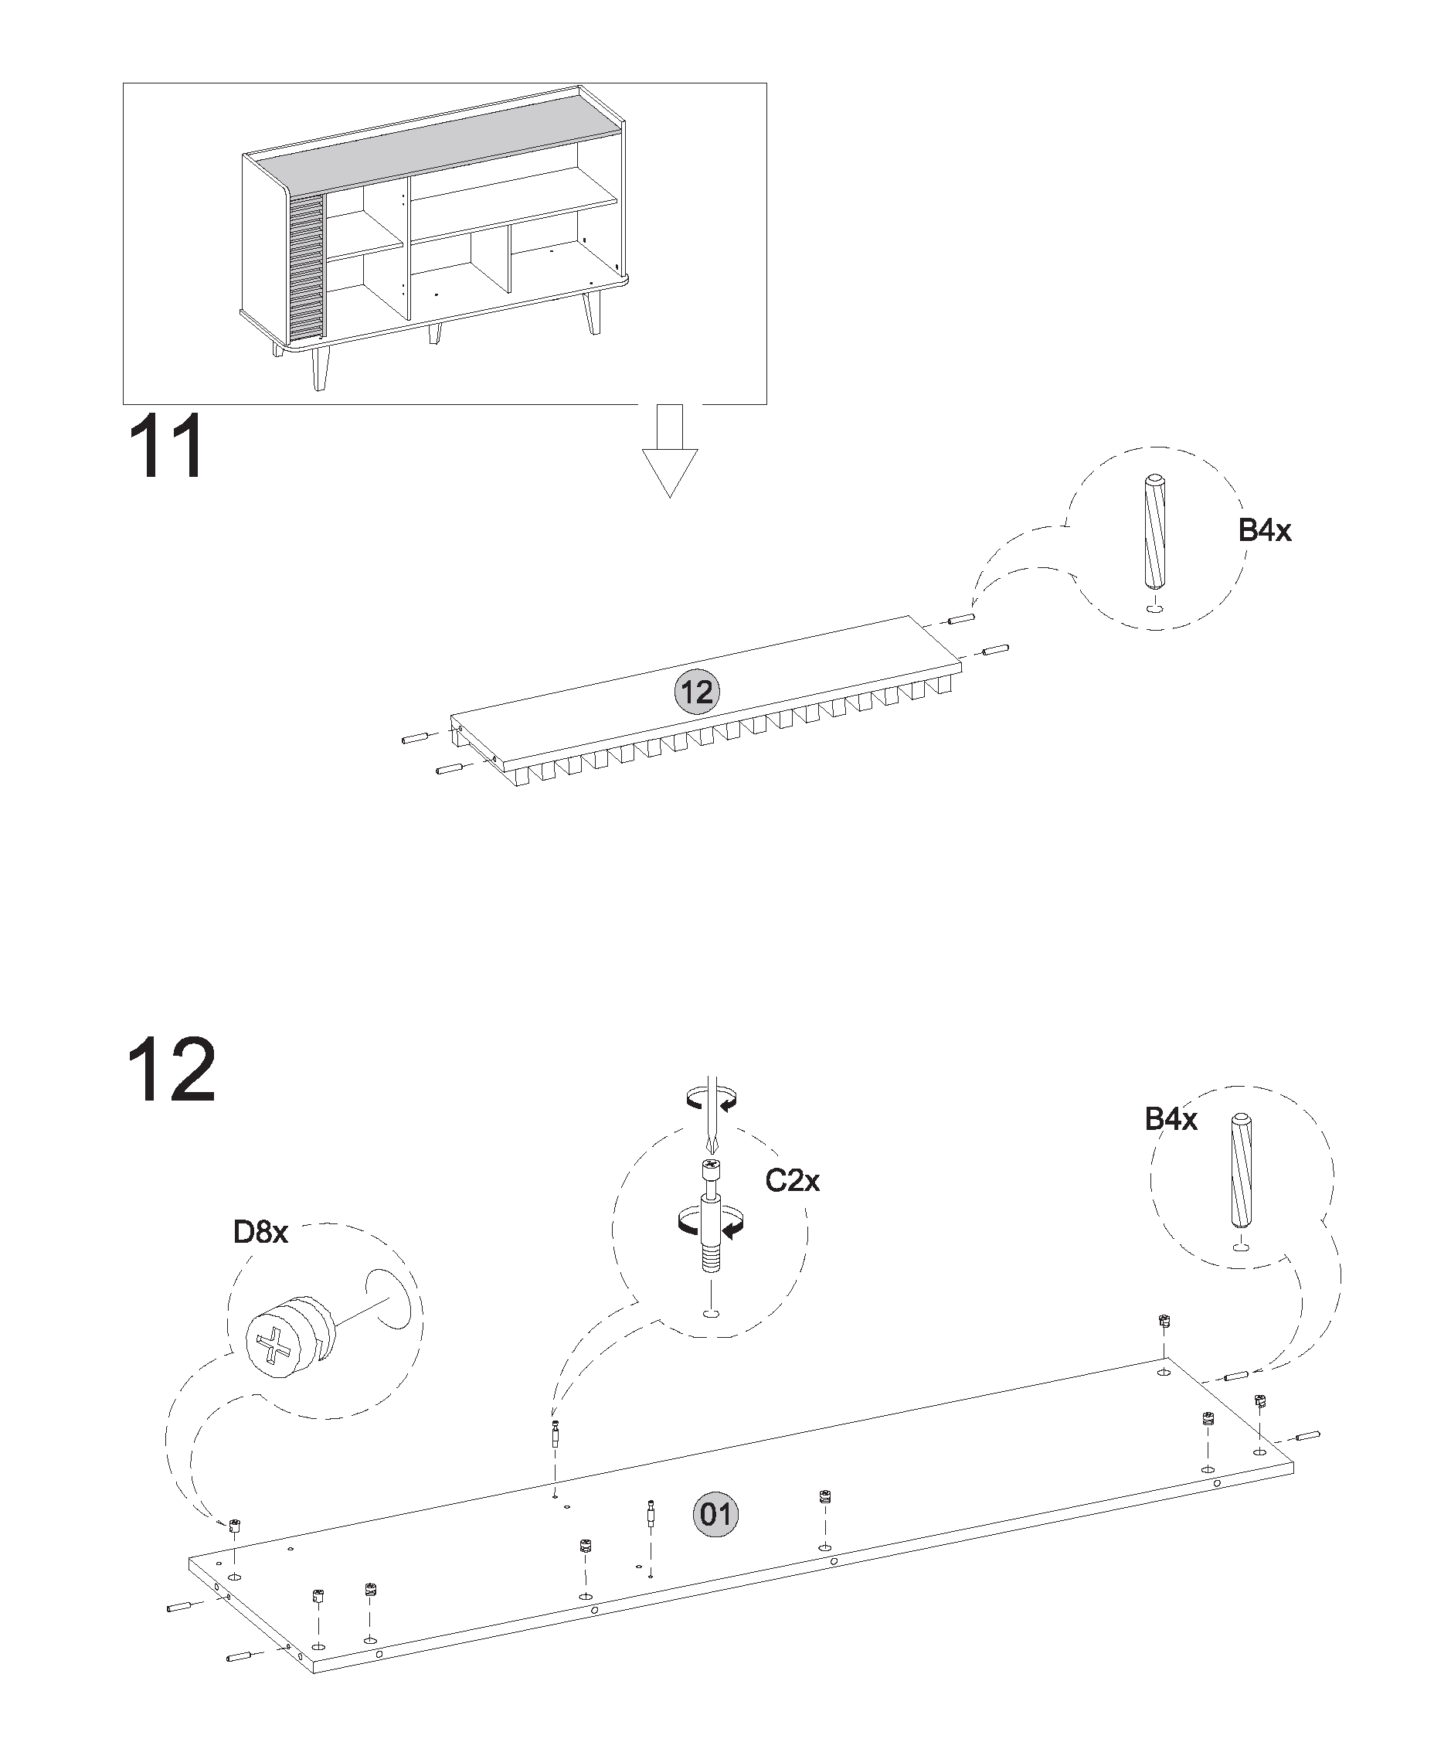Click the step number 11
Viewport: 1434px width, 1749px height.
coord(165,446)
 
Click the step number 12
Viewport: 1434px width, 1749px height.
coord(172,1070)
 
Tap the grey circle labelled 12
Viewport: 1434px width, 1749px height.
coord(697,692)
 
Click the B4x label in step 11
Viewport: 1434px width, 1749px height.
coord(1265,529)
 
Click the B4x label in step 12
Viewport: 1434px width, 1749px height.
coord(1171,1119)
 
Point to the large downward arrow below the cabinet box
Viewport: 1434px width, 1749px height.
coord(670,451)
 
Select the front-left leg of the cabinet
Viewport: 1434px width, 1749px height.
coord(320,368)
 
